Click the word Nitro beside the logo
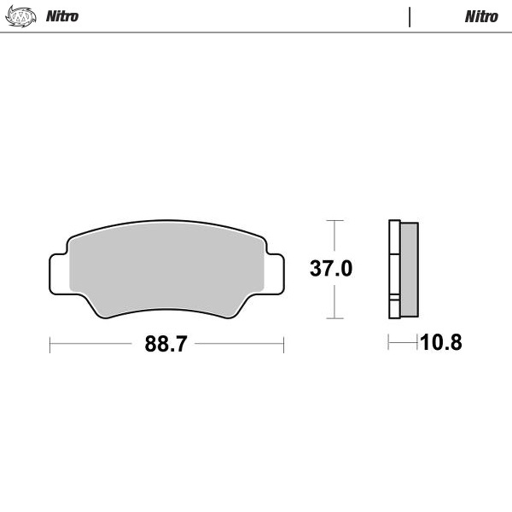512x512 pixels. [x=61, y=16]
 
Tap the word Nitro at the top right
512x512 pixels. [x=481, y=16]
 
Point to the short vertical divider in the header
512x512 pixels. [x=410, y=16]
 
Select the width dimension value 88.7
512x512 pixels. [x=166, y=344]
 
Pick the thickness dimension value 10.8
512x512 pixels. [x=440, y=343]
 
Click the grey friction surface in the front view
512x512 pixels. [x=166, y=269]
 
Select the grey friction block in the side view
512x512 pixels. [x=409, y=269]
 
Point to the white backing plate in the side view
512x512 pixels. [x=393, y=269]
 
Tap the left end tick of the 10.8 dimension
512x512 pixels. [x=389, y=343]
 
